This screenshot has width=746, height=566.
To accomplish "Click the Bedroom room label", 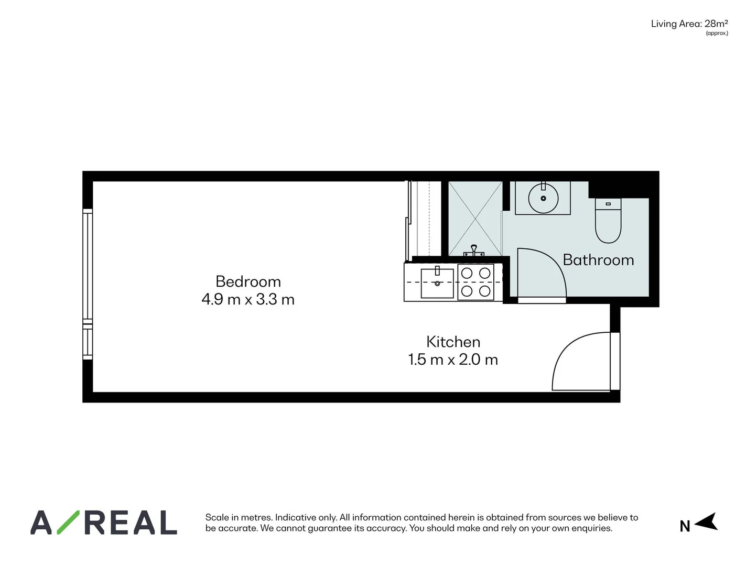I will coord(248,281).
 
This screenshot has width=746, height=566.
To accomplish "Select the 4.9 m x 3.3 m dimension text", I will coord(248,300).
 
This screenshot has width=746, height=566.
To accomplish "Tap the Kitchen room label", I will coord(453,342).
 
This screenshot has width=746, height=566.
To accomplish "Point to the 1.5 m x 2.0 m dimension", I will coord(453,360).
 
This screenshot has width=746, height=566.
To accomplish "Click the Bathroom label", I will coord(598,260).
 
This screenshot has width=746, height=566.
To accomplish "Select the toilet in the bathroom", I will coord(608,221).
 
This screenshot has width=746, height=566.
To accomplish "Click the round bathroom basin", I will coord(543,198).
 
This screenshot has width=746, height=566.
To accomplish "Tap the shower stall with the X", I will coord(475,219).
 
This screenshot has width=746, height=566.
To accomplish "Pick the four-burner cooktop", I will coord(475,282).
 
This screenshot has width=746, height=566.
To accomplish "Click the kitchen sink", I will coord(437,283).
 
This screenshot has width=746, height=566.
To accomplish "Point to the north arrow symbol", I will coord(707,522).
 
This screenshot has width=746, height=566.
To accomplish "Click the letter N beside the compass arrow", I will coord(685,526).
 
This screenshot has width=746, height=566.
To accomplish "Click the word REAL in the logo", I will coord(131,523).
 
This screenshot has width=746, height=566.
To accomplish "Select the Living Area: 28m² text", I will coord(689,24).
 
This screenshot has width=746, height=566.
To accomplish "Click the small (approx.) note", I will coord(717,33).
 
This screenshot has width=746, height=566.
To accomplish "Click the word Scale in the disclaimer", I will coord(217,517).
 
